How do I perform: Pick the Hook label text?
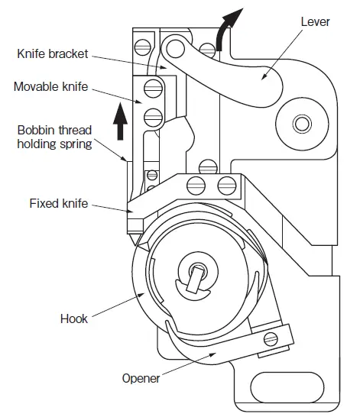coord(74,318)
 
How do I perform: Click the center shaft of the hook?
coord(196,273)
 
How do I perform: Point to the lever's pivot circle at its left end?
coord(175,50)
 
